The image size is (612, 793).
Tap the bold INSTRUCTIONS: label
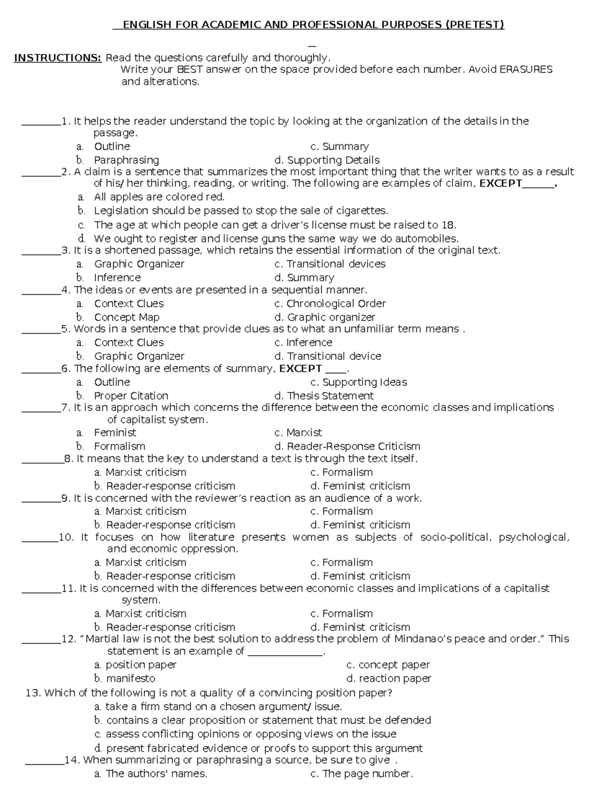click(x=58, y=58)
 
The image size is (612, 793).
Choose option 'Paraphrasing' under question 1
click(x=126, y=160)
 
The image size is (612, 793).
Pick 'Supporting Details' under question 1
click(x=333, y=160)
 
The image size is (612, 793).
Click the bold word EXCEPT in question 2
click(x=501, y=183)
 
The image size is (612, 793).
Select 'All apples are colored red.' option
click(x=159, y=197)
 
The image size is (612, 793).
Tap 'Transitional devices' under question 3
click(x=336, y=264)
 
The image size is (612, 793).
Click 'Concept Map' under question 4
click(x=126, y=317)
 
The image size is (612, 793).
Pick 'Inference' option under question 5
click(x=309, y=343)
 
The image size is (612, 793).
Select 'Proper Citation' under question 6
click(x=131, y=396)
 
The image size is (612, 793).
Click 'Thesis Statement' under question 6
click(x=330, y=396)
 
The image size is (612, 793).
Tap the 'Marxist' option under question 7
click(x=304, y=433)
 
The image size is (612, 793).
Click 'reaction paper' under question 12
click(x=395, y=679)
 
